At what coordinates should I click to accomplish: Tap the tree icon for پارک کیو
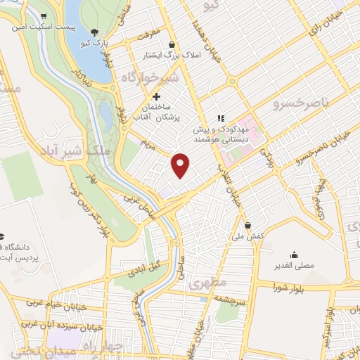pyautogui.click(x=96, y=32)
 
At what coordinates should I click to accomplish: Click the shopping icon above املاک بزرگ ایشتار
pyautogui.click(x=172, y=44)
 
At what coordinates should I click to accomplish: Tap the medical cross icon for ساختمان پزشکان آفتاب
pyautogui.click(x=156, y=96)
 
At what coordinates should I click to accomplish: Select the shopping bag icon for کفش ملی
pyautogui.click(x=247, y=225)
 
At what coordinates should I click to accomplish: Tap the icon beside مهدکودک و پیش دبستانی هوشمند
pyautogui.click(x=220, y=119)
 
